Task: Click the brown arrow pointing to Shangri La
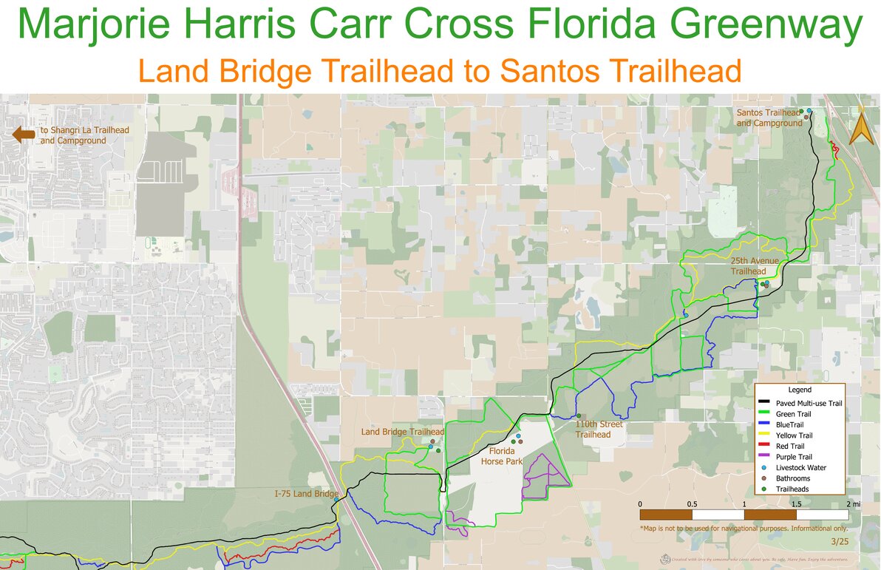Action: [23, 134]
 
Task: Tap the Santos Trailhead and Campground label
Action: [769, 118]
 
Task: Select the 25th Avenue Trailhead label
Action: [748, 266]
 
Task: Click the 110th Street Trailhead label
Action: [599, 430]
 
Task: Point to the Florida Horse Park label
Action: [502, 455]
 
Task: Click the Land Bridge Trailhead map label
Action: [402, 432]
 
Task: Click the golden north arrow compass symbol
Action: [858, 131]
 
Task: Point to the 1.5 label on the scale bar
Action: [796, 503]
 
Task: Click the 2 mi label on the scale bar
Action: [851, 503]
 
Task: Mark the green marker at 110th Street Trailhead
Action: [579, 415]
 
